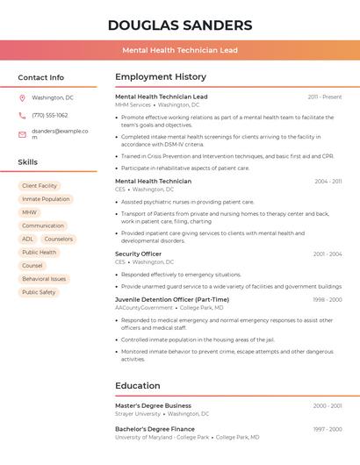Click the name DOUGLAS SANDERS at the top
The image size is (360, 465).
pyautogui.click(x=180, y=25)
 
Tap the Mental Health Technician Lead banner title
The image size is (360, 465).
pyautogui.click(x=180, y=50)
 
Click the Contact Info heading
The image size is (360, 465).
pyautogui.click(x=41, y=77)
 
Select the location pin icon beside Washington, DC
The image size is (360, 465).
pyautogui.click(x=22, y=97)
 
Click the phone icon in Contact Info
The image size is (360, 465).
pyautogui.click(x=22, y=115)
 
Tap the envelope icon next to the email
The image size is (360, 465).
pyautogui.click(x=22, y=134)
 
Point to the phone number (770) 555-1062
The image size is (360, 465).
pyautogui.click(x=50, y=115)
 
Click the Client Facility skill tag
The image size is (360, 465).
pyautogui.click(x=40, y=186)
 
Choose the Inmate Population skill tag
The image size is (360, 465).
pyautogui.click(x=46, y=199)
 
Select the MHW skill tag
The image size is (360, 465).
pyautogui.click(x=30, y=212)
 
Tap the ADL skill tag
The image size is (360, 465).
pyautogui.click(x=28, y=239)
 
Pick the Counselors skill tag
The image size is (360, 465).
pyautogui.click(x=59, y=239)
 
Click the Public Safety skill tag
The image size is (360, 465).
pyautogui.click(x=39, y=292)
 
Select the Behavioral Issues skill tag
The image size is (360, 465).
pyautogui.click(x=44, y=279)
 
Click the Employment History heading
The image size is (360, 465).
pyautogui.click(x=161, y=77)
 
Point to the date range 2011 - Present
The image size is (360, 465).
pyautogui.click(x=325, y=97)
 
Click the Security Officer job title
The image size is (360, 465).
pyautogui.click(x=139, y=254)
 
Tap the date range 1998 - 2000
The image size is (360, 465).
pyautogui.click(x=328, y=300)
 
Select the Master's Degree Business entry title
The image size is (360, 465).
pyautogui.click(x=153, y=405)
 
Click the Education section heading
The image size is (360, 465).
pyautogui.click(x=138, y=385)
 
